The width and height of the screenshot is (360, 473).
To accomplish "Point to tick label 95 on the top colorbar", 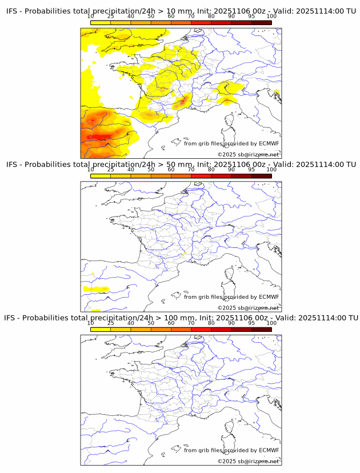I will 251,16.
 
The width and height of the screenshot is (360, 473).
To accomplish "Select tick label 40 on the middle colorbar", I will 131,170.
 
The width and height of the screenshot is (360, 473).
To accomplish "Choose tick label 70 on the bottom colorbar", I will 191,323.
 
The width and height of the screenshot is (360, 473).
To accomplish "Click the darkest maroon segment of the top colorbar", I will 261,23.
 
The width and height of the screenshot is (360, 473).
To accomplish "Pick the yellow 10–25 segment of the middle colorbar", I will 101,176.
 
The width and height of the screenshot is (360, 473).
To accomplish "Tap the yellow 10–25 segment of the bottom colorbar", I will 101,330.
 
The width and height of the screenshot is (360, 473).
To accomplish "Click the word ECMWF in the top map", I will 269,143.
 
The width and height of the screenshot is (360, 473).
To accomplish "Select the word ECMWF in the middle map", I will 269,297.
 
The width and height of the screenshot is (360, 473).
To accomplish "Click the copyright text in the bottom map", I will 248,461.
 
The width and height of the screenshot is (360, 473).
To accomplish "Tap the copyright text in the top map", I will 248,154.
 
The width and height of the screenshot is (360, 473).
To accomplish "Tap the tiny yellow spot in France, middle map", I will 184,253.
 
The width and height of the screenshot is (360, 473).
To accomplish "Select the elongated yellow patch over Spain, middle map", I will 96,289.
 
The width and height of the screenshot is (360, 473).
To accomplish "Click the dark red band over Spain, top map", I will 103,137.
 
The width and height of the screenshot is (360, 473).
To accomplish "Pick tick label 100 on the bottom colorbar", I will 271,323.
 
